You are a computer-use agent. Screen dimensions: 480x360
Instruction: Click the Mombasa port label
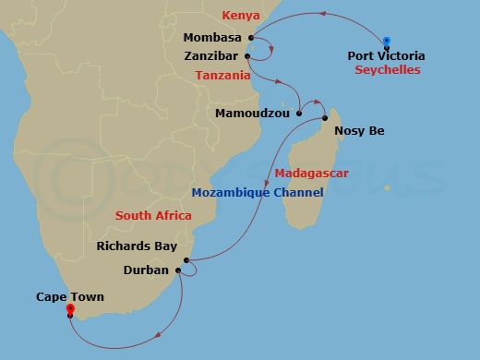[x=212, y=38]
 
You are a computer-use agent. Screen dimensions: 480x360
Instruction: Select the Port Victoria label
[x=387, y=55]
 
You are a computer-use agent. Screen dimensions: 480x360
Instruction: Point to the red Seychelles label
[x=387, y=69]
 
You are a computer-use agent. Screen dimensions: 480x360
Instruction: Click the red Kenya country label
[x=240, y=17]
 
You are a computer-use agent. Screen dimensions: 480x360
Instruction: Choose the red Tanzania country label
[x=223, y=76]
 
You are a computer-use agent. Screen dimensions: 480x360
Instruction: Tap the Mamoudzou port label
[x=252, y=114]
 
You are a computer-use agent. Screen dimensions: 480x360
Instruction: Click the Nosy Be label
[x=359, y=131]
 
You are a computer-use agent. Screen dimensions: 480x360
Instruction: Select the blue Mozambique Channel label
[x=258, y=192]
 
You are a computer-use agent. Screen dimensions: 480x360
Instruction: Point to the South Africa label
[x=153, y=215]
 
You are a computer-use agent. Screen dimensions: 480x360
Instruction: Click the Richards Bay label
[x=137, y=246]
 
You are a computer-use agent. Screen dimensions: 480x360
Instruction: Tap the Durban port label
[x=146, y=270]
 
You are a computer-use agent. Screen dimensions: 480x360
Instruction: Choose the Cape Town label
[x=70, y=297]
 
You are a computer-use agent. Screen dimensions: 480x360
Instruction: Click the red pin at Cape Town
[x=70, y=309]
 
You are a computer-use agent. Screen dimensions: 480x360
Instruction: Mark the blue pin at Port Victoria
[x=387, y=41]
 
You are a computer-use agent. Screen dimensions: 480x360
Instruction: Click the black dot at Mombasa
[x=252, y=39]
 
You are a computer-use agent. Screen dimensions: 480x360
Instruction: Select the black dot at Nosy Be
[x=326, y=118]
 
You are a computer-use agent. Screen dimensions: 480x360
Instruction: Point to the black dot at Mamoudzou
[x=299, y=114]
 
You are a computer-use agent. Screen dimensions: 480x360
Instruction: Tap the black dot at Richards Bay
[x=186, y=260]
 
